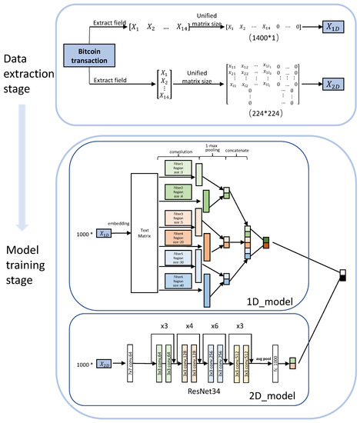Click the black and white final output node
coord(345,278)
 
